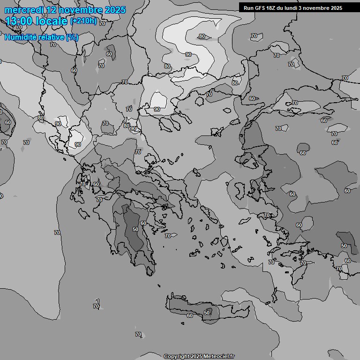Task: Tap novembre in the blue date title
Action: pos(82,10)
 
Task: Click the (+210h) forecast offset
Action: pos(83,21)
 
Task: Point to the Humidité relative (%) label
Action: pos(42,37)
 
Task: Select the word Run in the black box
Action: pos(249,7)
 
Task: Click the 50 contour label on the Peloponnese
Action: pos(135,229)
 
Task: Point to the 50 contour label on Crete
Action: pos(207,313)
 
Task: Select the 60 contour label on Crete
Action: pos(189,315)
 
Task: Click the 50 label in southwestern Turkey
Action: pos(344,246)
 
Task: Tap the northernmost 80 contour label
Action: pos(202,36)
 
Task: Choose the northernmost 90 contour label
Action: pos(188,54)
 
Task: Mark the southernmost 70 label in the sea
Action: pos(138,334)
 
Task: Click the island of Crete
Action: pos(211,309)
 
